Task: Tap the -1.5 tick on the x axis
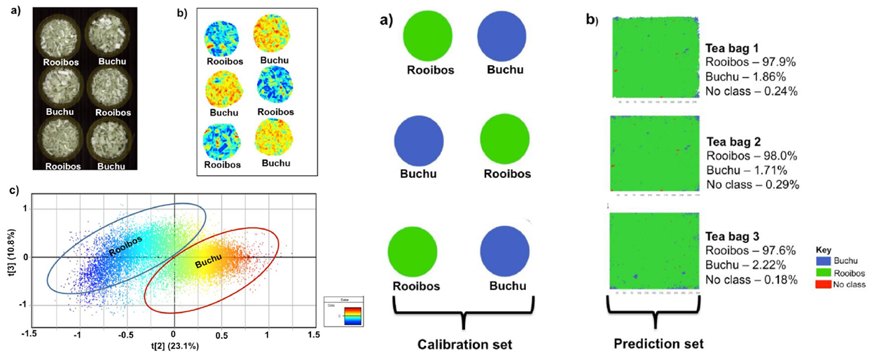[x=29, y=335]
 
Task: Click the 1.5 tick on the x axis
[x=314, y=335]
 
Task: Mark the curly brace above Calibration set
[x=463, y=312]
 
